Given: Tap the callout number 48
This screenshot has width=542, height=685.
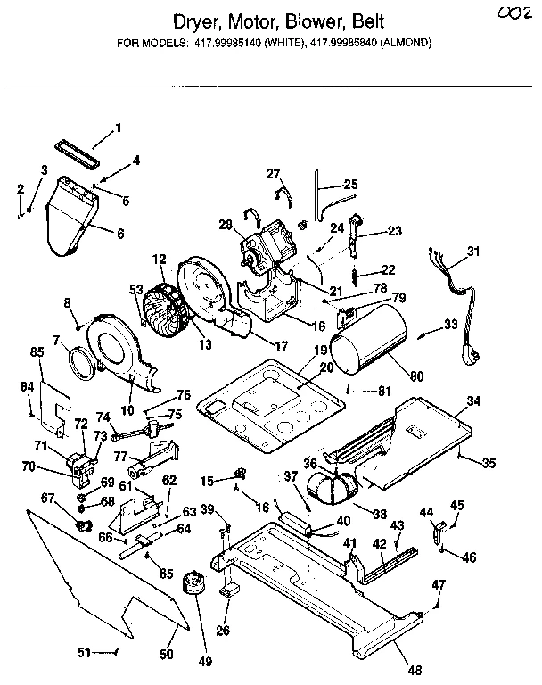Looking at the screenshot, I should click(x=415, y=671).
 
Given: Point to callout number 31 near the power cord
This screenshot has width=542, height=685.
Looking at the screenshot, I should click(x=472, y=252).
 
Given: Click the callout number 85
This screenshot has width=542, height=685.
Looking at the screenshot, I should click(x=37, y=351).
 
